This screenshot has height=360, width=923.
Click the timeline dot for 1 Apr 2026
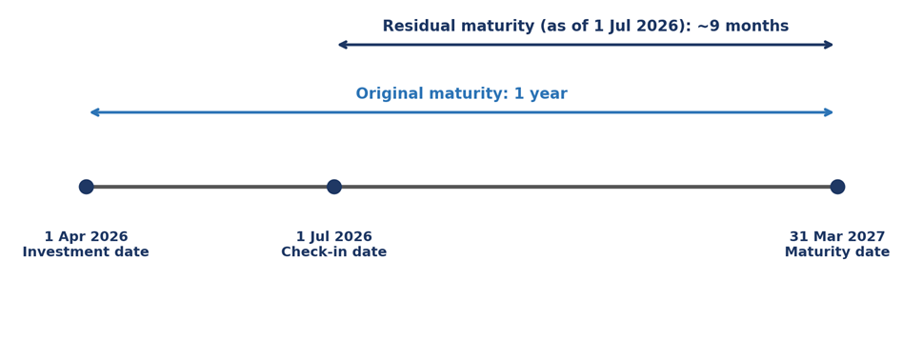[86, 187]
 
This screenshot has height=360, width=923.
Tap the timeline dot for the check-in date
[333, 187]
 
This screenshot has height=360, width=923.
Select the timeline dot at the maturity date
[837, 187]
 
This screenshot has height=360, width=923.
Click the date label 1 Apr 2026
[86, 236]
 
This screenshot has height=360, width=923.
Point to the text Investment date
[86, 251]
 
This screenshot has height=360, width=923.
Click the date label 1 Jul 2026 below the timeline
[333, 236]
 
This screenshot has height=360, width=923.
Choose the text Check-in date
[333, 251]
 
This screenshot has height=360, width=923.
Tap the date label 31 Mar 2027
[837, 236]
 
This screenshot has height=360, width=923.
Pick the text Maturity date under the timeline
[837, 251]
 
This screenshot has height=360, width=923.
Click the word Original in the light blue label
[390, 93]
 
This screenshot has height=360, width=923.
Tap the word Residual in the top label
[420, 26]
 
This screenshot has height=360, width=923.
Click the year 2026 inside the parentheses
[660, 26]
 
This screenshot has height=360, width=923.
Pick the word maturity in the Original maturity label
[468, 93]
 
